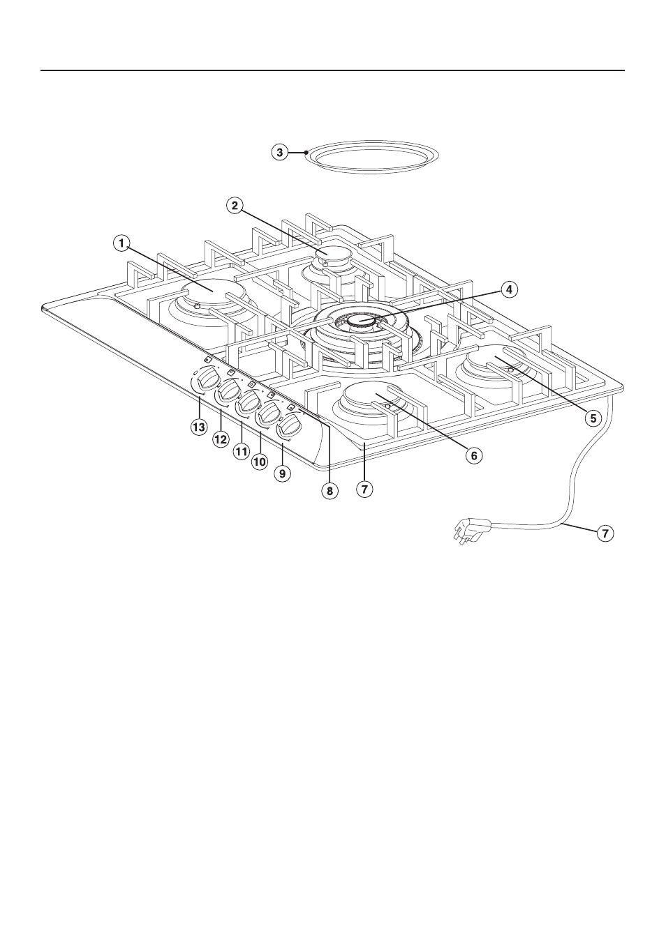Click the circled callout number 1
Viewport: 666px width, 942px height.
(121, 243)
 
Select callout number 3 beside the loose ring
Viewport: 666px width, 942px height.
(279, 152)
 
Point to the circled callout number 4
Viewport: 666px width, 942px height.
(509, 290)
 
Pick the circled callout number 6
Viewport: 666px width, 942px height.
(473, 455)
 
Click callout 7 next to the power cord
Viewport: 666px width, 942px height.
(605, 533)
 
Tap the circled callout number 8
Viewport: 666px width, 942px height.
(330, 490)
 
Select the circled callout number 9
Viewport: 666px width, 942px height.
(282, 473)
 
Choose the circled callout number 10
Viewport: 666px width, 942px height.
(259, 462)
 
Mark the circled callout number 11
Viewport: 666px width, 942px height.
(240, 452)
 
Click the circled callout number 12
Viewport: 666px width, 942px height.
(220, 439)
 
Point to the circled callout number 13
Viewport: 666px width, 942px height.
(199, 427)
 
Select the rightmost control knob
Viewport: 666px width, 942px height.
(289, 425)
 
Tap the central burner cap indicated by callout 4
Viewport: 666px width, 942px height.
(362, 321)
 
